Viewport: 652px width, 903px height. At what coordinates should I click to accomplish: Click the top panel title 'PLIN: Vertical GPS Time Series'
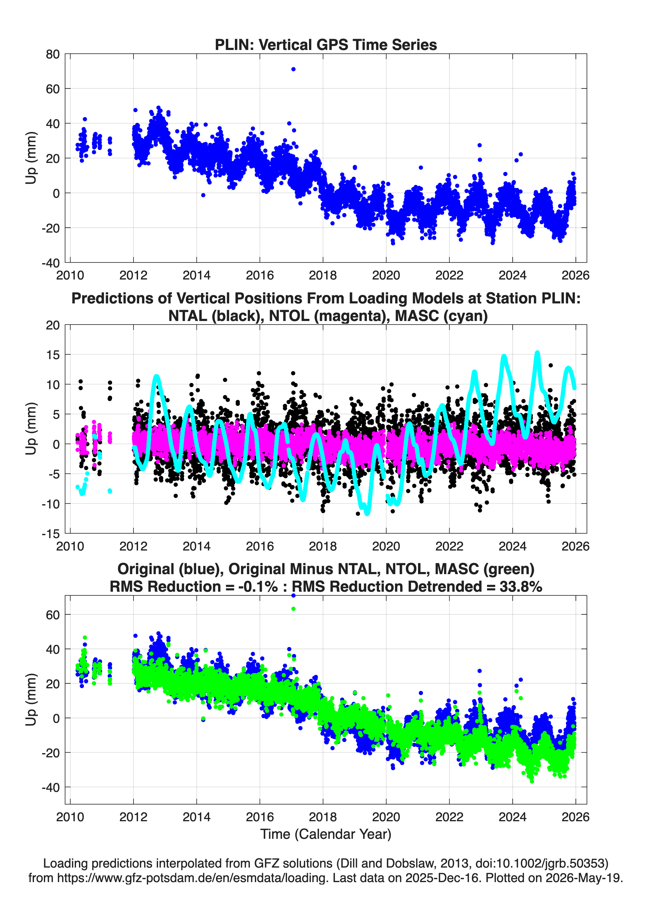[x=326, y=45]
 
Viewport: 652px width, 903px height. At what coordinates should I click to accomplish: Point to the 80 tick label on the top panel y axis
[x=53, y=54]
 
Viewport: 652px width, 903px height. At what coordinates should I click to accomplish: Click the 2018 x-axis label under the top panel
[x=323, y=275]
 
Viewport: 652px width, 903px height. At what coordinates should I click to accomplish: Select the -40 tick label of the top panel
[x=51, y=263]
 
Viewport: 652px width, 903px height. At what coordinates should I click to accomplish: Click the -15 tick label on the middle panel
[x=51, y=534]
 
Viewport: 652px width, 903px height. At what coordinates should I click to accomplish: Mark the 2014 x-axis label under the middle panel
[x=197, y=546]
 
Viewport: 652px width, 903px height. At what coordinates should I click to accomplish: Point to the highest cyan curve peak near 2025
[x=537, y=353]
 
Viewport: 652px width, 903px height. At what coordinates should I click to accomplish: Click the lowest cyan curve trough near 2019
[x=367, y=514]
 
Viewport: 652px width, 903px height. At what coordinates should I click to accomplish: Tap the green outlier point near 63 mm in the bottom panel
[x=293, y=609]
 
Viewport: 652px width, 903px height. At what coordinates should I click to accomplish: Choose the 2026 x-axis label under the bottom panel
[x=576, y=817]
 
